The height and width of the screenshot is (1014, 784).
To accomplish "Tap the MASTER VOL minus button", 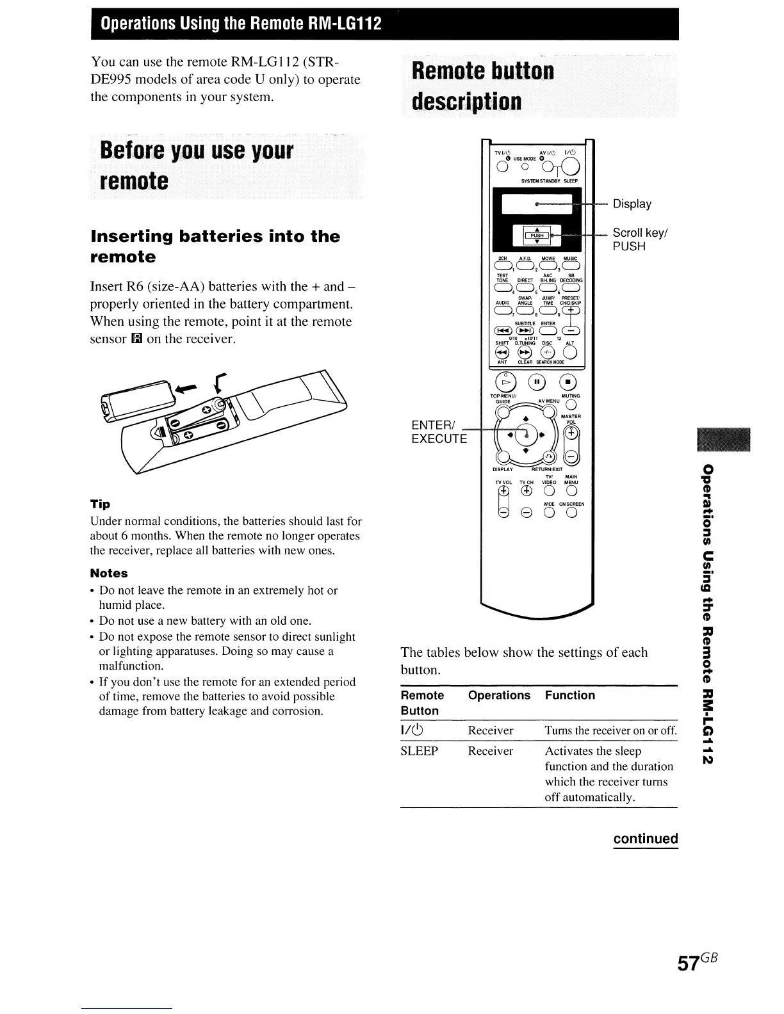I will click(x=572, y=456).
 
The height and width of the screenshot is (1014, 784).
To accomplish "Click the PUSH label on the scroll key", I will click(x=537, y=236).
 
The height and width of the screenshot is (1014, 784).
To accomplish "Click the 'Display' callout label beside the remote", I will click(x=632, y=204).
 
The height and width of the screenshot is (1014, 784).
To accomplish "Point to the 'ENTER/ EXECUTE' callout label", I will click(x=439, y=431).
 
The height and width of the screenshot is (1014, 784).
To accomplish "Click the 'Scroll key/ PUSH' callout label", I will click(x=640, y=239).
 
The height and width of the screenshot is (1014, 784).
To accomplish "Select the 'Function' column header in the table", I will click(x=569, y=695).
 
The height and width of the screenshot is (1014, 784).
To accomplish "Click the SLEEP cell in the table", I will click(x=420, y=751).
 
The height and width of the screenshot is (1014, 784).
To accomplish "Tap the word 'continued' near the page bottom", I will click(x=645, y=839).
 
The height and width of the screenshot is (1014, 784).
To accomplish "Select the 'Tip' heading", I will click(x=100, y=504).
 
